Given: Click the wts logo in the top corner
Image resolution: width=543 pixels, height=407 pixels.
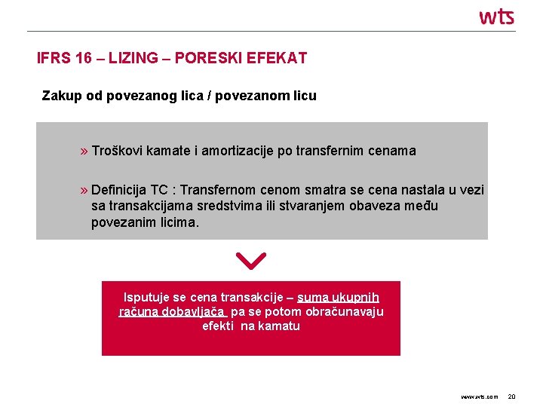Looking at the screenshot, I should click(x=496, y=16).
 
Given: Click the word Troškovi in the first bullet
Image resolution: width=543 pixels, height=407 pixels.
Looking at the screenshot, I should click(x=117, y=151).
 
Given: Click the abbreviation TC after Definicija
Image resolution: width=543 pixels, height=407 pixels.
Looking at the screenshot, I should click(x=160, y=191).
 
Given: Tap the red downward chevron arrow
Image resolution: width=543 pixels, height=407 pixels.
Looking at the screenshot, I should click(x=250, y=261).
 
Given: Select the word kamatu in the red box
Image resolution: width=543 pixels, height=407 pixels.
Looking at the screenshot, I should click(x=281, y=326).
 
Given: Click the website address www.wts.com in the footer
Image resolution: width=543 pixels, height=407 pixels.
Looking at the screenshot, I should click(x=479, y=396).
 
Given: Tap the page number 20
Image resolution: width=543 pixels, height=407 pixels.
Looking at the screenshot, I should click(x=511, y=396).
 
